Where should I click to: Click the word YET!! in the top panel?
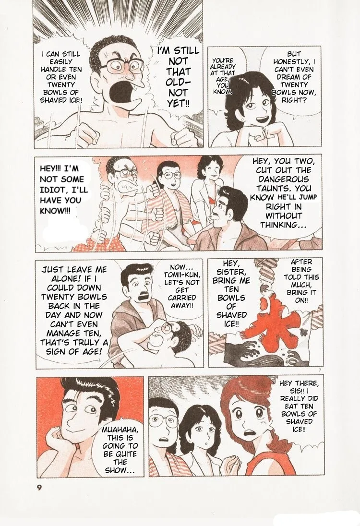[x=179, y=103]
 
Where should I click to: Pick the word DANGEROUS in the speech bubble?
[x=284, y=179]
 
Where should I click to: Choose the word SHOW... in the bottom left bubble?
[x=120, y=470]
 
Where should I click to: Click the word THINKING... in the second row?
[x=284, y=225]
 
